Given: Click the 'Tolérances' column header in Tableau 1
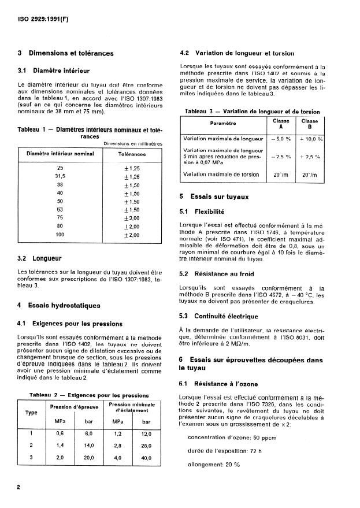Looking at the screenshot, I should [132, 154].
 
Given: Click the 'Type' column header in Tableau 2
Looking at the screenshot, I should [31, 413].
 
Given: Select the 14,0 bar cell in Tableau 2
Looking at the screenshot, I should [88, 445].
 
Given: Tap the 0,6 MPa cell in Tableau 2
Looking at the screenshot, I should [60, 433].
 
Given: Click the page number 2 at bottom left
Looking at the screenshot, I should [19, 487].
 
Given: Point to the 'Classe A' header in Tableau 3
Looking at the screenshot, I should [281, 124].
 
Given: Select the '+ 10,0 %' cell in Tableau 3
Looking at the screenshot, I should [311, 139].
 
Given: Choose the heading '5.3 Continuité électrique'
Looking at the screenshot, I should [219, 316].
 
